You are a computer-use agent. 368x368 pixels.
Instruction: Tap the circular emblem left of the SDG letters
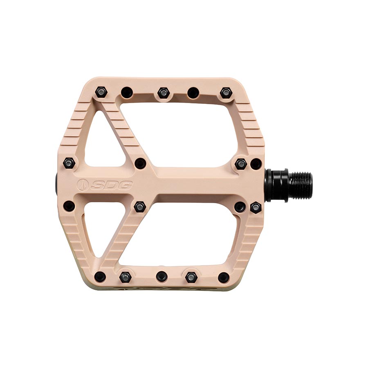point(82,185)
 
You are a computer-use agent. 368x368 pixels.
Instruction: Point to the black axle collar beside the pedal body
point(275,185)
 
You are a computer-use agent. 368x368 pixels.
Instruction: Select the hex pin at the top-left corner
point(100,92)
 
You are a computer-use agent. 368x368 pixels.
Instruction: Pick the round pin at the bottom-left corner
point(99,277)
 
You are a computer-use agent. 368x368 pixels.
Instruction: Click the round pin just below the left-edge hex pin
point(70,206)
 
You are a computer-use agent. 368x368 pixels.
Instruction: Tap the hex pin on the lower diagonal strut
point(140,206)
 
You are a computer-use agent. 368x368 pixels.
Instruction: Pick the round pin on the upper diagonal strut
point(140,163)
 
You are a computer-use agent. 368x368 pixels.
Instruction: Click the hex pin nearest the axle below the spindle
point(256,206)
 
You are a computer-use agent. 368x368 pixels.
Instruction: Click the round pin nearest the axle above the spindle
point(256,164)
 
